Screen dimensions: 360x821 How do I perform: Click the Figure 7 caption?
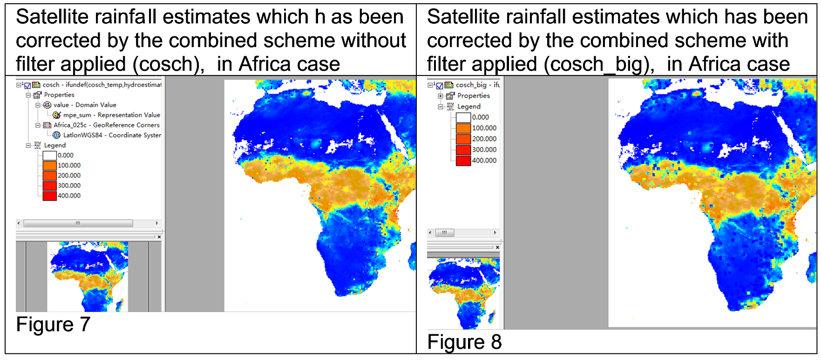tap(53, 325)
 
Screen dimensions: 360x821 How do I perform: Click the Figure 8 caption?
tap(464, 342)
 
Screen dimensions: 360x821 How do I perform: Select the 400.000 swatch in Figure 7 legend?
tap(49, 196)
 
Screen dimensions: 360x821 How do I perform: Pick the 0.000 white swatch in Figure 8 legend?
tap(463, 117)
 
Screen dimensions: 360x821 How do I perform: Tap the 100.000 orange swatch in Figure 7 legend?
tap(49, 165)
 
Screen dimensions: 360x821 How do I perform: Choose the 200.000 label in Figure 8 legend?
tap(484, 139)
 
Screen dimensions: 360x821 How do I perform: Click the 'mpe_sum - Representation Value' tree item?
tap(111, 115)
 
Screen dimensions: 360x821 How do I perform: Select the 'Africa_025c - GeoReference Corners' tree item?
tap(106, 125)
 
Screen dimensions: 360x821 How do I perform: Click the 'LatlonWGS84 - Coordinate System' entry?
tap(112, 135)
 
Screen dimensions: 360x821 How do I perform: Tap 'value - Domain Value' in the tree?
tap(85, 105)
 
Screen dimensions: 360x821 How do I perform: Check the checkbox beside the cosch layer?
tap(27, 85)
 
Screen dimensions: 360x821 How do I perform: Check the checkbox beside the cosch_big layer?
tap(439, 86)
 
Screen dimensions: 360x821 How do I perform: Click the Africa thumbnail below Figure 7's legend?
tap(88, 277)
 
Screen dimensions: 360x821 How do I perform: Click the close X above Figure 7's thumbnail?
tap(159, 237)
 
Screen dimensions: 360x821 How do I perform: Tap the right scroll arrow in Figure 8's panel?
tap(495, 232)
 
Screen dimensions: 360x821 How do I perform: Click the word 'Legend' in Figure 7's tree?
tap(55, 145)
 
